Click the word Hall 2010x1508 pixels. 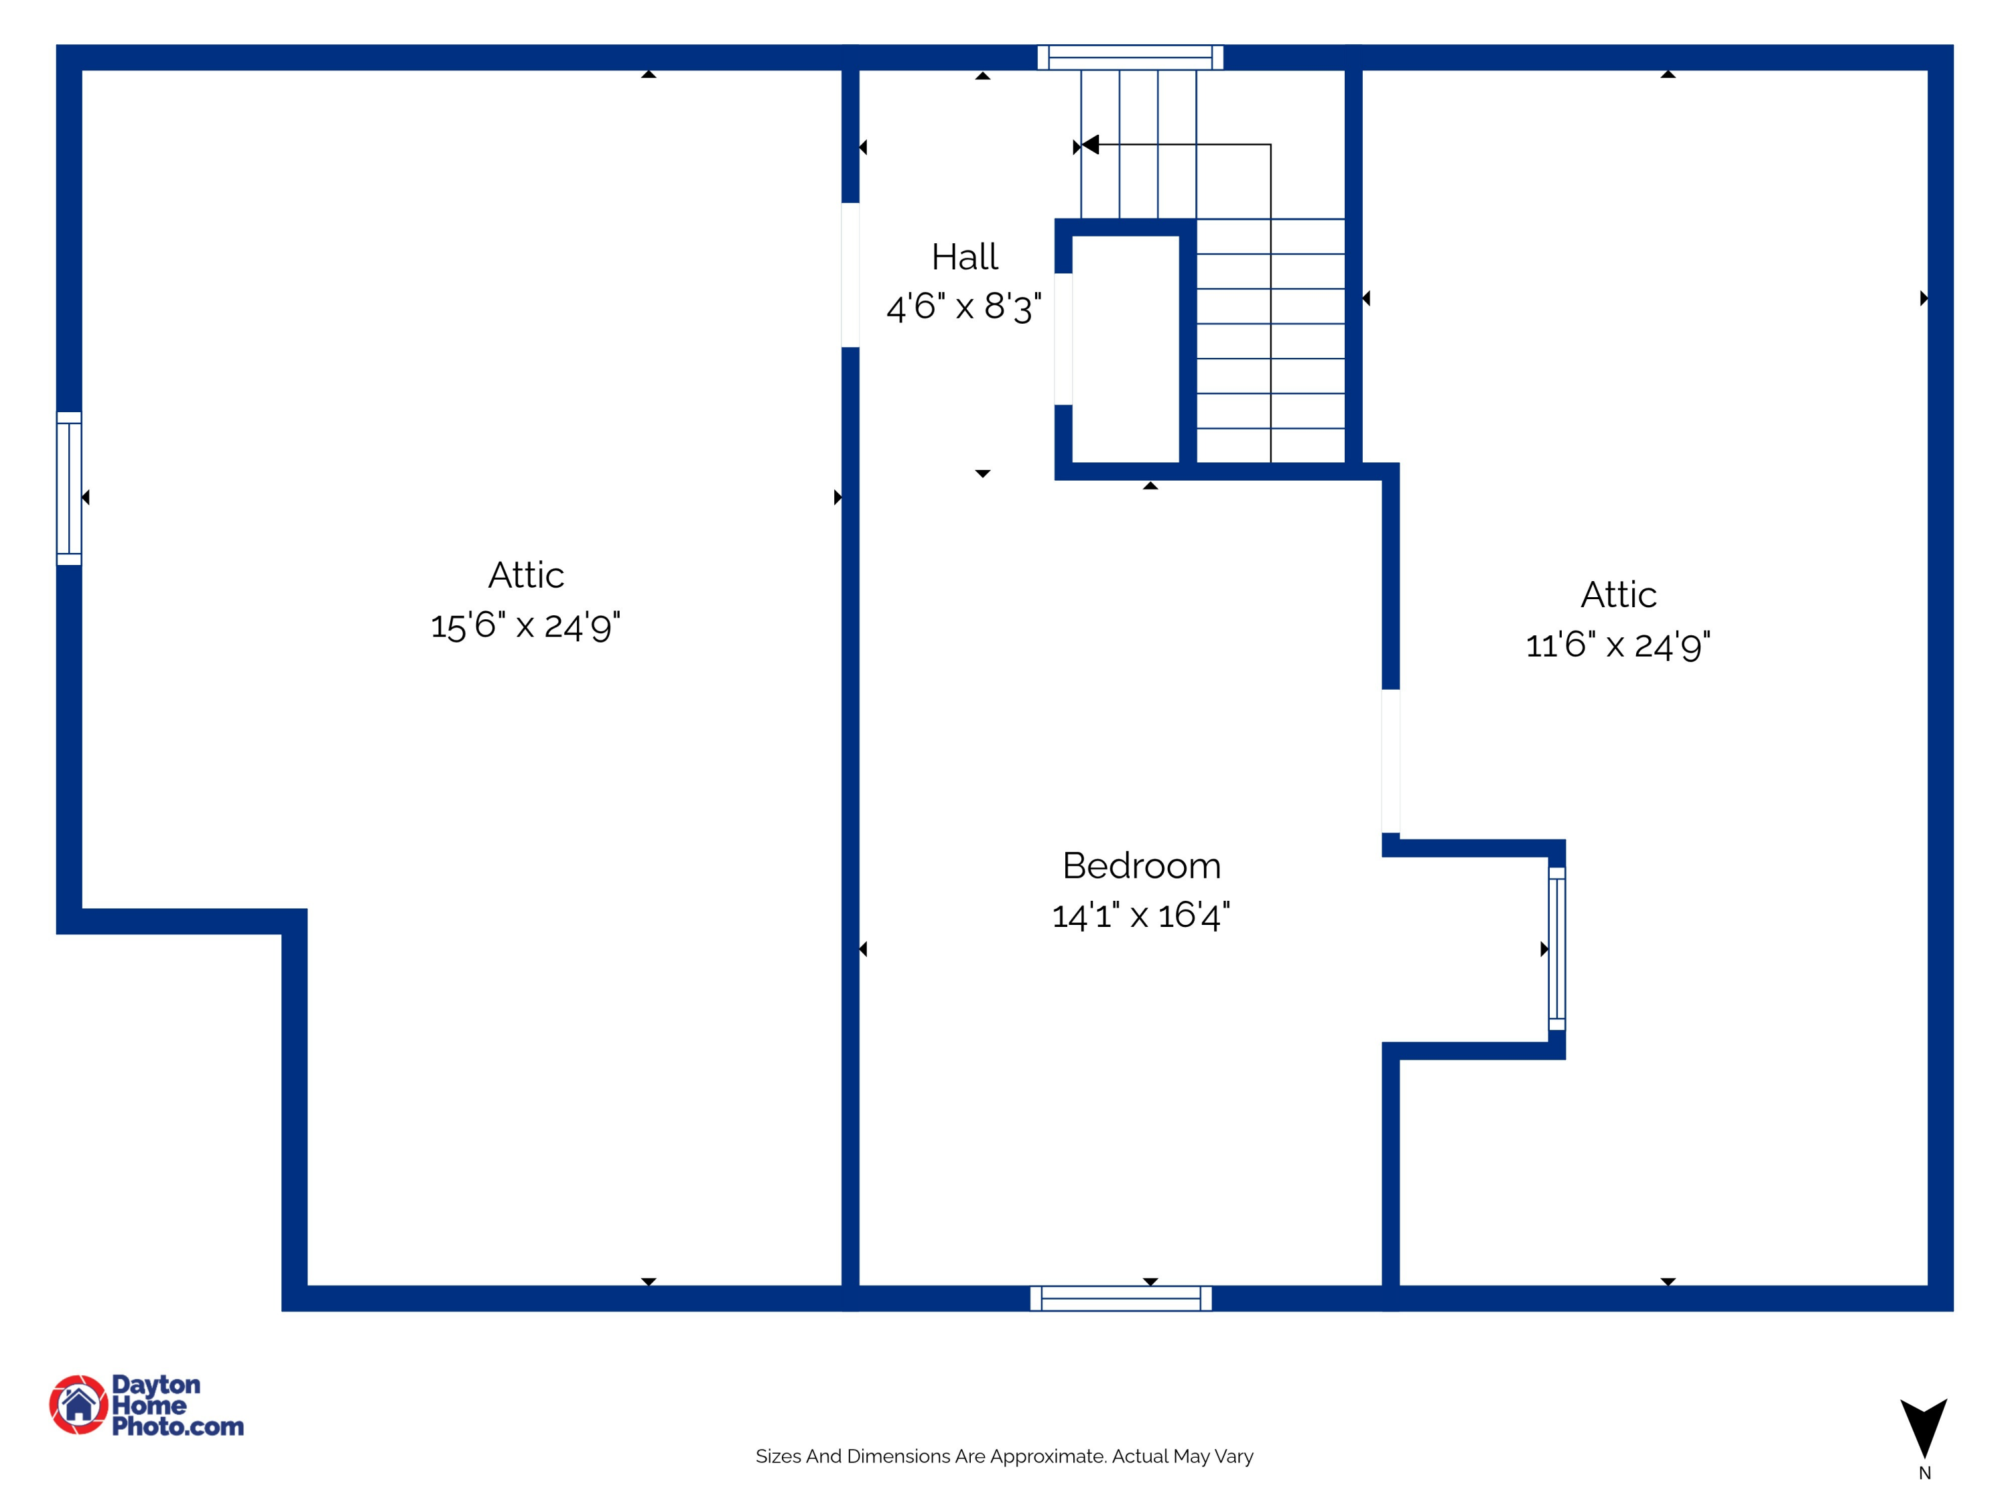(x=964, y=257)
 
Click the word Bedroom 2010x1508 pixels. (x=1141, y=865)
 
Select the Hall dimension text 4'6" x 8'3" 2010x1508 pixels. (x=964, y=307)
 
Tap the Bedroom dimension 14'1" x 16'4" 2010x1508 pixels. (x=1141, y=916)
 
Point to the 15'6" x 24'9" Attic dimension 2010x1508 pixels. (x=525, y=625)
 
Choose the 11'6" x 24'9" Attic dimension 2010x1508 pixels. (x=1617, y=645)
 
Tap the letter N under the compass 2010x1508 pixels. (x=1924, y=1473)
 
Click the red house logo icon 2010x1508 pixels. (x=79, y=1404)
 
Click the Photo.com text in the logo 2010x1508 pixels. (x=178, y=1426)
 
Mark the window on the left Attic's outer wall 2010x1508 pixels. (x=69, y=488)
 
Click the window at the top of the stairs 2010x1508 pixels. (x=1130, y=57)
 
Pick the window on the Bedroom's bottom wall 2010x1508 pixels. (x=1120, y=1298)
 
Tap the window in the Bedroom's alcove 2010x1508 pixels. (x=1556, y=948)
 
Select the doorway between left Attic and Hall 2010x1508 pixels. (x=850, y=275)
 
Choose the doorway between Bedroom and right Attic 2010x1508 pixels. (x=1390, y=761)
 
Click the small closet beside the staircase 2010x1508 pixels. (x=1126, y=349)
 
